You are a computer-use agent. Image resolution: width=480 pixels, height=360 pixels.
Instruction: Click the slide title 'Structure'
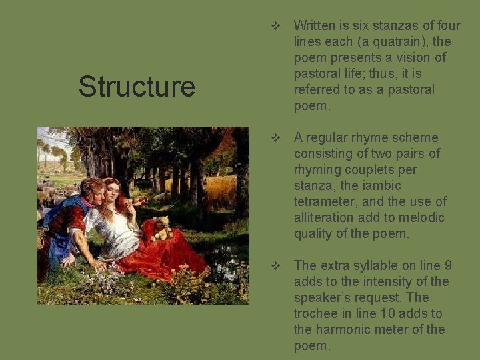(137, 86)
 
